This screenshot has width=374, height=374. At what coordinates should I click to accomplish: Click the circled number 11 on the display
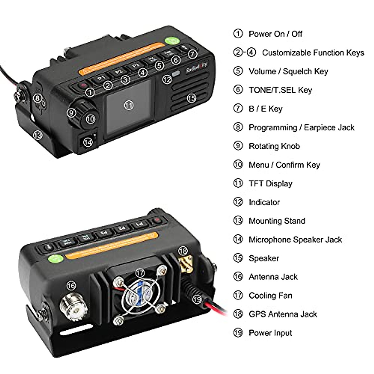click(129, 105)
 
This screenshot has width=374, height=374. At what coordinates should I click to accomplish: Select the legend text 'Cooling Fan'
click(270, 295)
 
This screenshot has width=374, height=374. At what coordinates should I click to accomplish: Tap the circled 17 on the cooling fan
click(140, 273)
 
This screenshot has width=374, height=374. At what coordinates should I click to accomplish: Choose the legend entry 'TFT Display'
click(270, 184)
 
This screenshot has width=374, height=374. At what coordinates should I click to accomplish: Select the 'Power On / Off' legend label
click(275, 34)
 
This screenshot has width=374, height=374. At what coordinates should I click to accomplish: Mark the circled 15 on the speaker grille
click(191, 98)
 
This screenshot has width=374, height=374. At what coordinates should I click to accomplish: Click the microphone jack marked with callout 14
click(88, 142)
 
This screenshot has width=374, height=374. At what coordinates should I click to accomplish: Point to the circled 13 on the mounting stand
click(37, 135)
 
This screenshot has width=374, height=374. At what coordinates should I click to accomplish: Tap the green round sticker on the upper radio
click(171, 41)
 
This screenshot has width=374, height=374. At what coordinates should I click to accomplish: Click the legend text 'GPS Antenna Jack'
click(283, 314)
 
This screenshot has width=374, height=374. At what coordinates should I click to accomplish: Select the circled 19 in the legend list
click(238, 333)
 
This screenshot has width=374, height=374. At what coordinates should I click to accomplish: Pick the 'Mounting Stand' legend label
click(277, 221)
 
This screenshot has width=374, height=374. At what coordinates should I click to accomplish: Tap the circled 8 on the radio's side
click(38, 98)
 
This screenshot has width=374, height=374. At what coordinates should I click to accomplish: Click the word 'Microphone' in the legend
click(270, 240)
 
